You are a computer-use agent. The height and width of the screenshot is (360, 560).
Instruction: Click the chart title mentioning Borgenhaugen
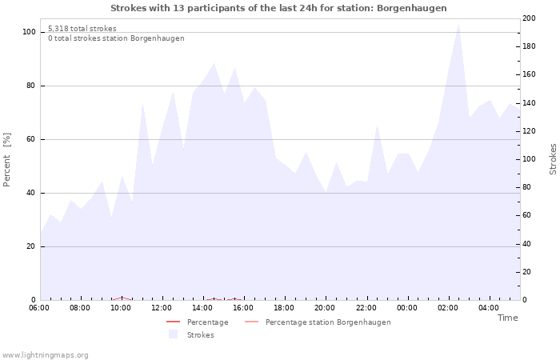[278, 8]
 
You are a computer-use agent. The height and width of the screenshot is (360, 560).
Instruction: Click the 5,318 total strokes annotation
[82, 29]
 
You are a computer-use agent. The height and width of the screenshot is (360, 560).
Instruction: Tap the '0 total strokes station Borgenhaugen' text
[115, 38]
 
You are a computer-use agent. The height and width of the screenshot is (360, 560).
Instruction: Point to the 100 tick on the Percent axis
[29, 32]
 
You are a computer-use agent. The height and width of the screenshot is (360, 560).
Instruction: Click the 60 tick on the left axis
[31, 139]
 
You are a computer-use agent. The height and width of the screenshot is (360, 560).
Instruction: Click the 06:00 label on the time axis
[39, 307]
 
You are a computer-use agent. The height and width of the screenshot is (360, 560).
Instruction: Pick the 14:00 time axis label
[202, 307]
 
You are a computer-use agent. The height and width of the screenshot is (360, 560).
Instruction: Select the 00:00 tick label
[407, 307]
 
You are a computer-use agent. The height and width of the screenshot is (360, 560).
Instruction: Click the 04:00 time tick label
[489, 307]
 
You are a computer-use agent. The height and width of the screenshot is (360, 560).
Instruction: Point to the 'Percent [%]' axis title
[7, 160]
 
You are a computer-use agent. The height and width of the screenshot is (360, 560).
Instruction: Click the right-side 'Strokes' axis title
[553, 159]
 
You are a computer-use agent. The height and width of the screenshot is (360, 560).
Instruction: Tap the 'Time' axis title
[507, 318]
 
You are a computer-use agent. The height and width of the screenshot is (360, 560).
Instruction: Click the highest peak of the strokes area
[458, 23]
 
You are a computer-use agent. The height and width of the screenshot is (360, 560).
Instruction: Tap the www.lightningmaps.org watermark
[45, 355]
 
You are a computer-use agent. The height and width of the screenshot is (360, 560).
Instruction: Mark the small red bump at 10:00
[122, 298]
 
